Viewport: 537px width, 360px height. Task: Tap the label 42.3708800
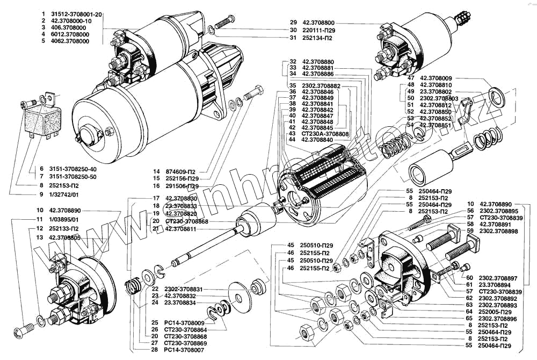pos(321,23)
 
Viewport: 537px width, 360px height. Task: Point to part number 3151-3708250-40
pos(75,169)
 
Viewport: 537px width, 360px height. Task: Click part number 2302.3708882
pos(322,86)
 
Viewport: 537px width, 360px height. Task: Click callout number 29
pos(293,23)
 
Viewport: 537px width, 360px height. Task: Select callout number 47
pos(411,78)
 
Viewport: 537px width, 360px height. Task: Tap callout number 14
pos(156,171)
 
